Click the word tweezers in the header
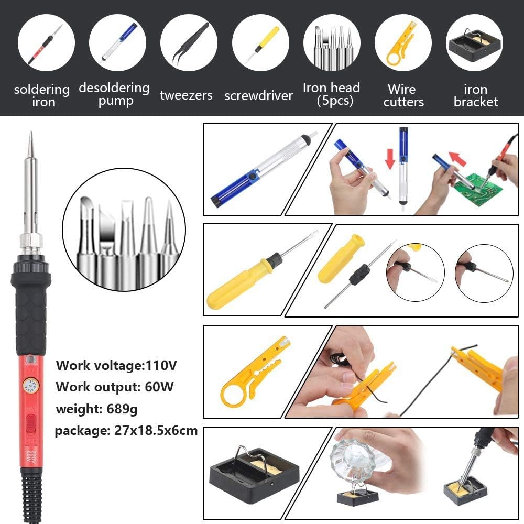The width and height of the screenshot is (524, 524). click(x=186, y=95)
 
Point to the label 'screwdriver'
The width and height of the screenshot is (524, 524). click(x=258, y=96)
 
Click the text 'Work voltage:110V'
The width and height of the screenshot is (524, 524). click(x=115, y=365)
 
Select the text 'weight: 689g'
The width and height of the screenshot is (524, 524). click(x=97, y=409)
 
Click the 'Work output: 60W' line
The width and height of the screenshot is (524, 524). click(x=115, y=387)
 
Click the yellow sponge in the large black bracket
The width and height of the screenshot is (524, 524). click(x=262, y=466)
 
